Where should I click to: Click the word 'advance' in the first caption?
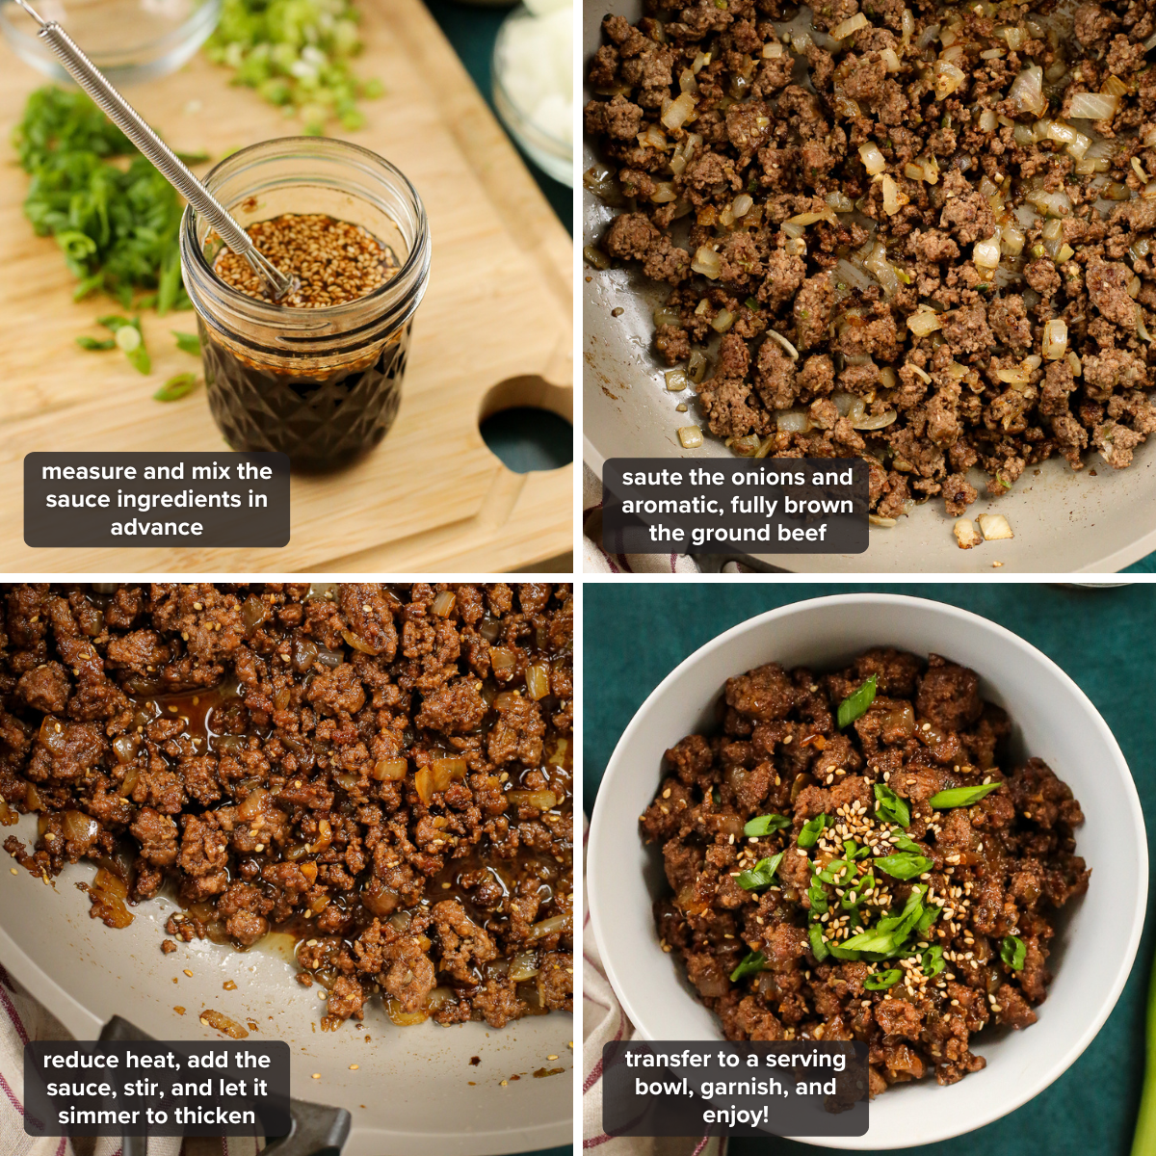click(x=157, y=527)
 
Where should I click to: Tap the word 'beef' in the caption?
click(x=798, y=533)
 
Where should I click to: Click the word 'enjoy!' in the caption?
click(x=735, y=1116)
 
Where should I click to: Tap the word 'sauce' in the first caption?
click(x=75, y=499)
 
